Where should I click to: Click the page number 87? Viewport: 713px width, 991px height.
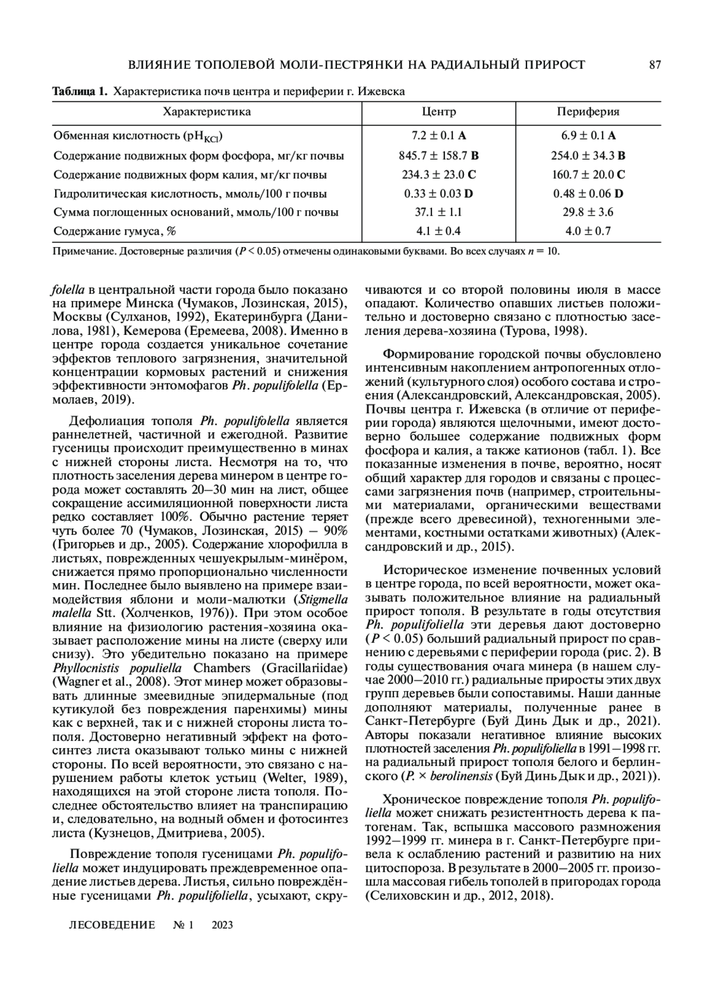tap(655, 65)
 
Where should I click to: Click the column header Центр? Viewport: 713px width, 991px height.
tap(438, 112)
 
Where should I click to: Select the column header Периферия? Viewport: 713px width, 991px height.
tap(588, 112)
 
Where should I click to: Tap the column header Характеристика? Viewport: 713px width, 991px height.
tap(207, 112)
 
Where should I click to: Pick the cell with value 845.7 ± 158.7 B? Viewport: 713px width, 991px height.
tap(438, 156)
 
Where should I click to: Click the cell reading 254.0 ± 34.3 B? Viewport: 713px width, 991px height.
tap(588, 156)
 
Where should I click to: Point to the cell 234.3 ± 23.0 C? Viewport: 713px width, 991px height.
tap(438, 175)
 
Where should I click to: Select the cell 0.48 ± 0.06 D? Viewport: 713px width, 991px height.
tap(588, 194)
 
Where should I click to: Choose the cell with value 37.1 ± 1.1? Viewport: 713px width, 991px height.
tap(438, 212)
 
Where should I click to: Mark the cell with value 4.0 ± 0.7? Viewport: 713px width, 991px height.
tap(588, 231)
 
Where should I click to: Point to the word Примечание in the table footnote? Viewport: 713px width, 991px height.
tap(83, 251)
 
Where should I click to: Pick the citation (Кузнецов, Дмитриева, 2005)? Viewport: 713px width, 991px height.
tap(176, 833)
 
